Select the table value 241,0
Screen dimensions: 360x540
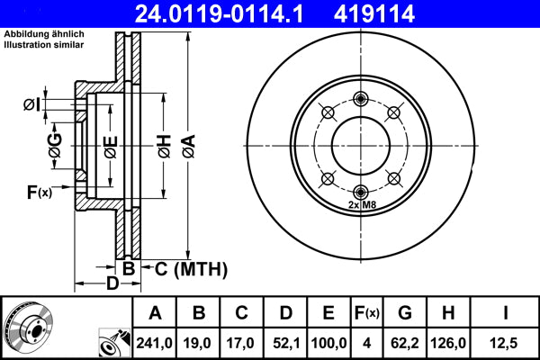[155, 342]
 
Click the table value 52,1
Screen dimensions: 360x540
[285, 342]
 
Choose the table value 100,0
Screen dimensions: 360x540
[329, 342]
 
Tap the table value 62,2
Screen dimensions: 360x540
[405, 342]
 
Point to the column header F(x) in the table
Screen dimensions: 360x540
[367, 314]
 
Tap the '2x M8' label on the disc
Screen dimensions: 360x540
[361, 204]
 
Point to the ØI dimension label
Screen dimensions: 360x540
[31, 106]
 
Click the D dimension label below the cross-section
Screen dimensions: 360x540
[112, 285]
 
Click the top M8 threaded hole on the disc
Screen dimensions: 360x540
[361, 99]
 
